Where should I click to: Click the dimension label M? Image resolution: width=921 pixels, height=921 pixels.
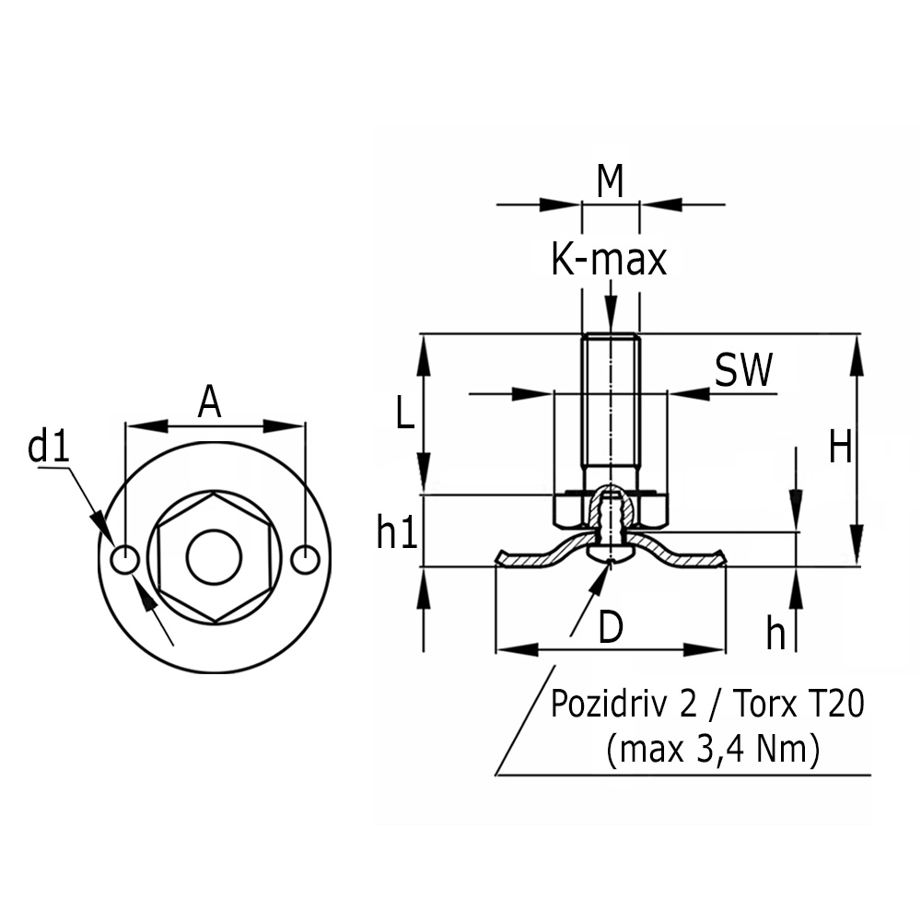(x=610, y=181)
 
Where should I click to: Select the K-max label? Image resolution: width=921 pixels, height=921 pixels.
(x=609, y=260)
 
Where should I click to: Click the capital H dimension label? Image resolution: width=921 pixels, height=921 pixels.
(x=840, y=449)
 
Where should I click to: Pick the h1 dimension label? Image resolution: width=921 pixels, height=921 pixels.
(x=397, y=532)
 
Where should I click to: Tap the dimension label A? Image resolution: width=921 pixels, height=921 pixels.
(x=210, y=402)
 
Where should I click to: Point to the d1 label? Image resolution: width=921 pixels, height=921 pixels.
(x=49, y=448)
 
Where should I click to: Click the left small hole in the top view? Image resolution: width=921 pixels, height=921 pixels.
(x=124, y=558)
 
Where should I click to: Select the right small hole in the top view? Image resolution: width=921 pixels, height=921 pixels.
(x=305, y=558)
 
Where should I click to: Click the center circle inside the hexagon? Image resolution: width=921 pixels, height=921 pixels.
(x=214, y=557)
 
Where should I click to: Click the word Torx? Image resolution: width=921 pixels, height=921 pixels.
(x=767, y=705)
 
